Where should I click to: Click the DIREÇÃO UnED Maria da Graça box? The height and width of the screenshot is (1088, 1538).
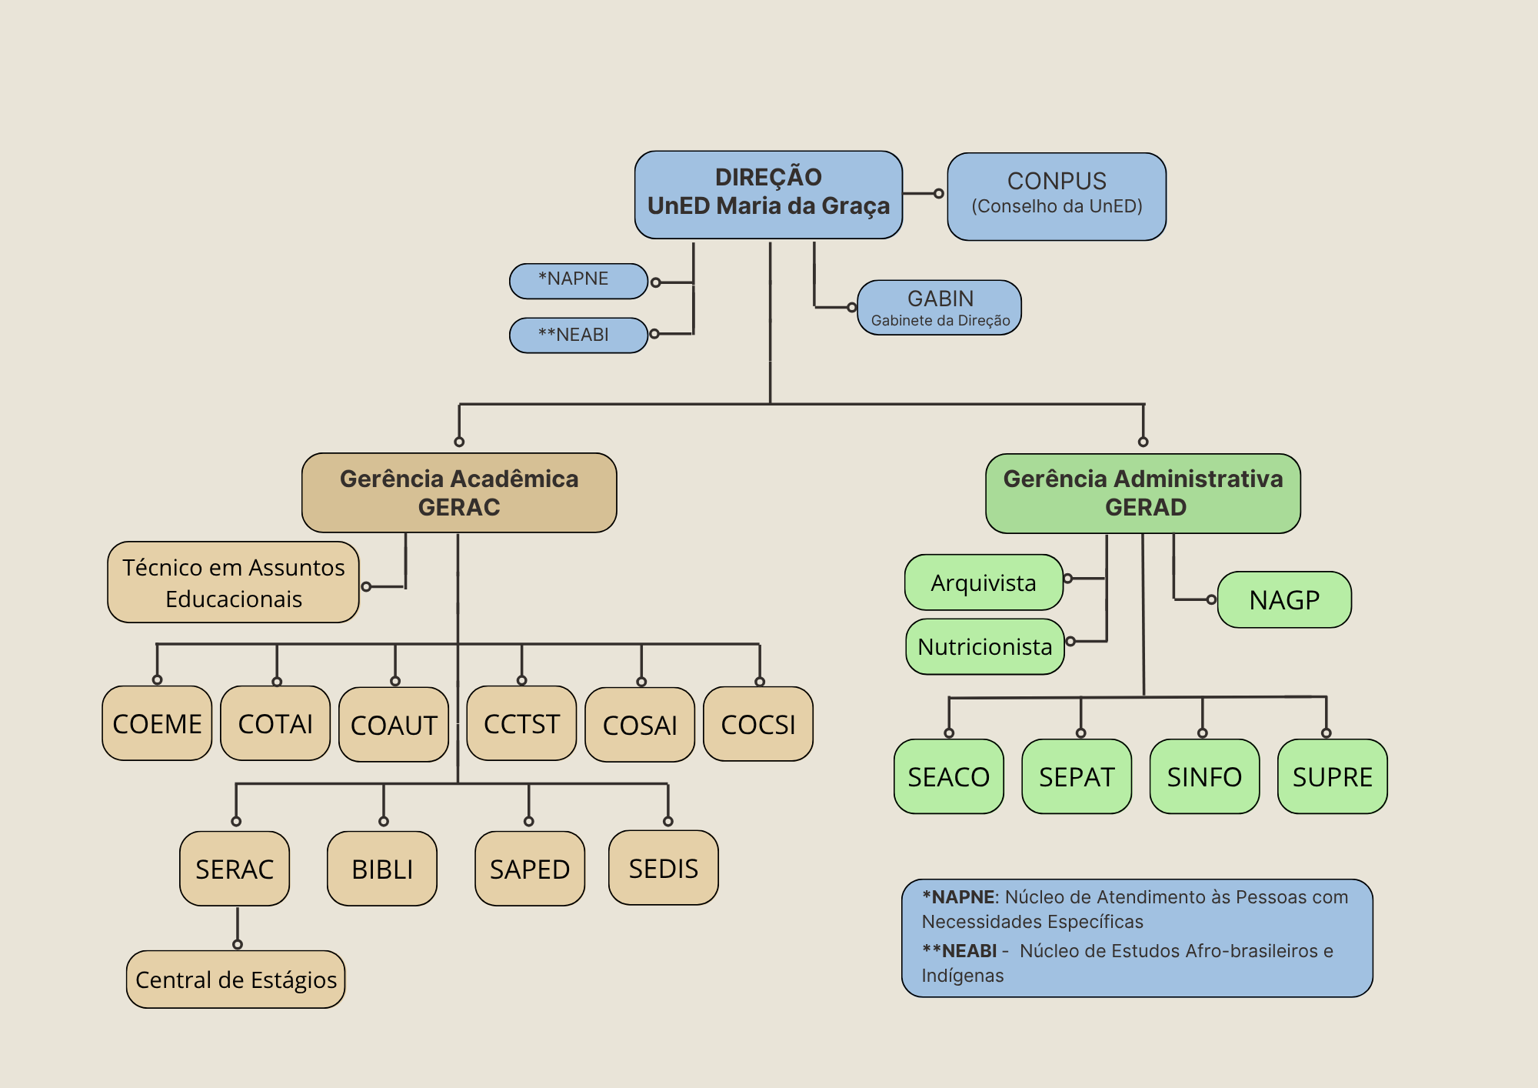click(x=768, y=195)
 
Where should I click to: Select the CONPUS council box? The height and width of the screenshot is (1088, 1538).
click(x=1057, y=196)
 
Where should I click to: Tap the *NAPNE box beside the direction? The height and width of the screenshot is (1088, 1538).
click(x=578, y=280)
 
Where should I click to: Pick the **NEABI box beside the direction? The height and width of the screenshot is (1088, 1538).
click(x=578, y=335)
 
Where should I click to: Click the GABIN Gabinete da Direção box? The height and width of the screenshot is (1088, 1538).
click(x=940, y=308)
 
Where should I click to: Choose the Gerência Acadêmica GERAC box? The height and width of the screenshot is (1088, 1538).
click(x=459, y=492)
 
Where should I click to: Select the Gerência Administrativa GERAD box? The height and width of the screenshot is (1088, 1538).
click(x=1143, y=493)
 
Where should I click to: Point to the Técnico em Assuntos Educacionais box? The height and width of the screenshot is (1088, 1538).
click(x=233, y=582)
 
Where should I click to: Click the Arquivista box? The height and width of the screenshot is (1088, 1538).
click(x=984, y=582)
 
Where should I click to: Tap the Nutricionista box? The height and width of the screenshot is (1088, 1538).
click(x=984, y=646)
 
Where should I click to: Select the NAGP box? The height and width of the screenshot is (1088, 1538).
click(x=1284, y=599)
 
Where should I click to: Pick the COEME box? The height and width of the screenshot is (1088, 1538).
click(x=157, y=723)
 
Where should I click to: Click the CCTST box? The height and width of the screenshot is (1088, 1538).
click(x=521, y=723)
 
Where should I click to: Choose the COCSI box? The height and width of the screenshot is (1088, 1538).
click(x=758, y=724)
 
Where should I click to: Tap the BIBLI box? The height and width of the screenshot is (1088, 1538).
click(x=382, y=869)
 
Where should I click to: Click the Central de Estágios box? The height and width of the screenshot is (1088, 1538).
click(x=236, y=980)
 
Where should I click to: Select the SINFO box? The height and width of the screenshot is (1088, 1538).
click(x=1204, y=776)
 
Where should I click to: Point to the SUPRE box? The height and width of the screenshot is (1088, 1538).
click(x=1332, y=776)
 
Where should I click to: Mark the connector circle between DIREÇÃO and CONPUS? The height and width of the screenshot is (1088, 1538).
click(x=938, y=194)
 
